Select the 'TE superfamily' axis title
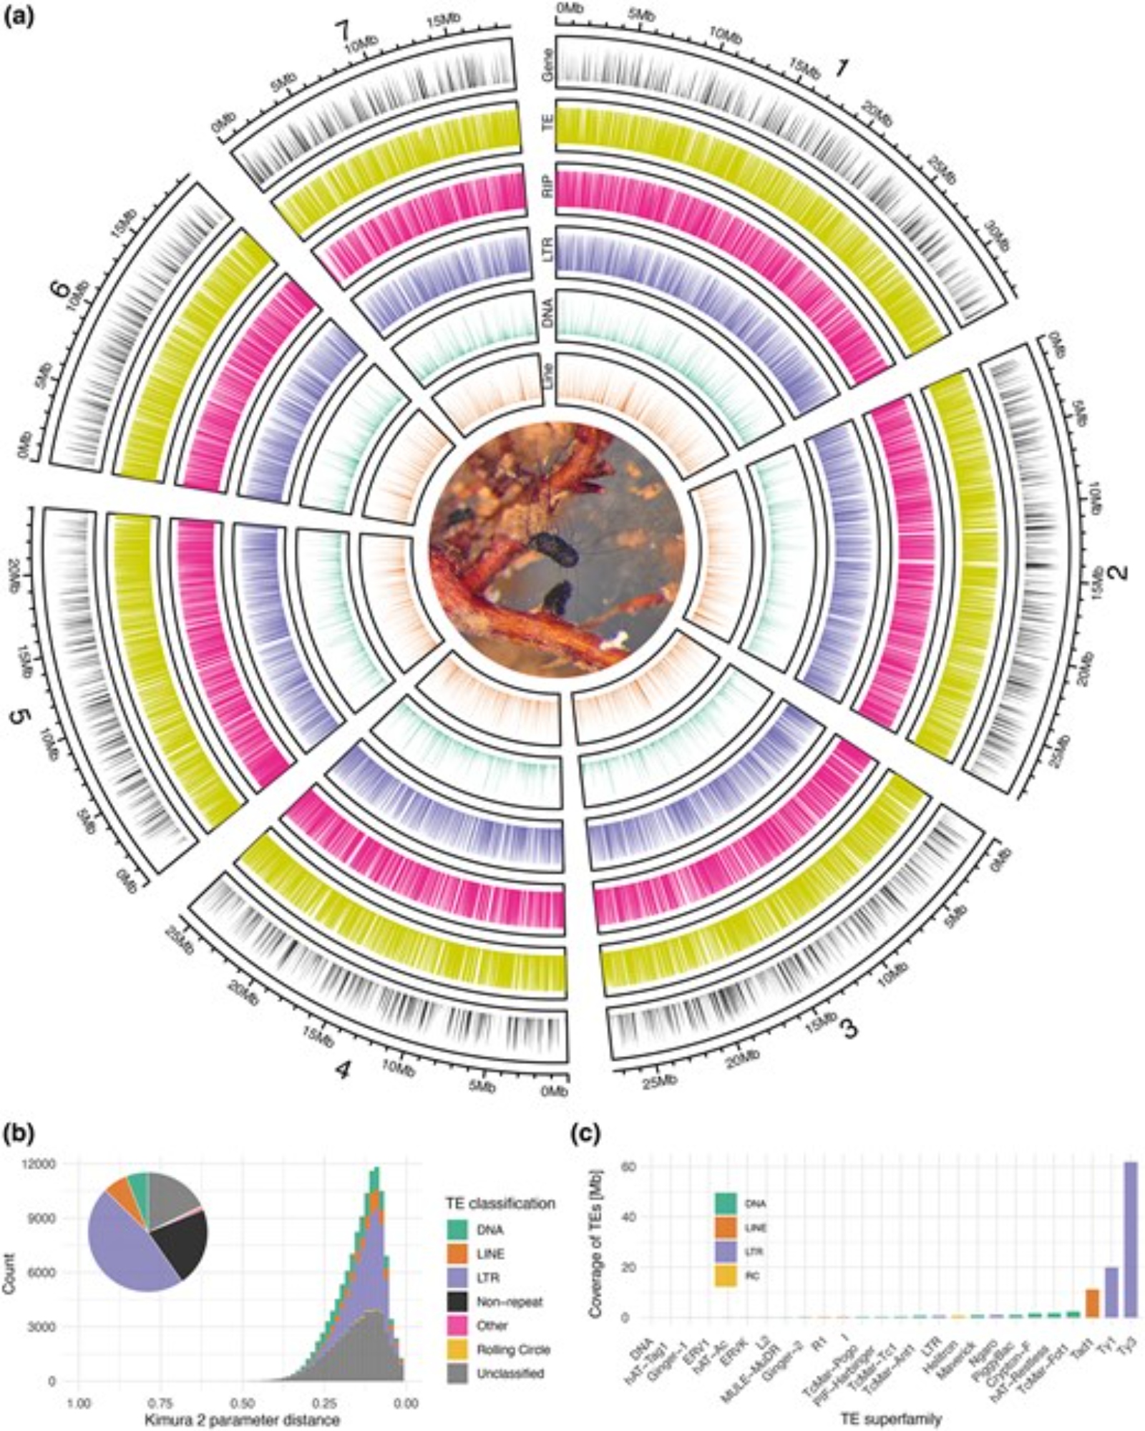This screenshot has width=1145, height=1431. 886,1417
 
